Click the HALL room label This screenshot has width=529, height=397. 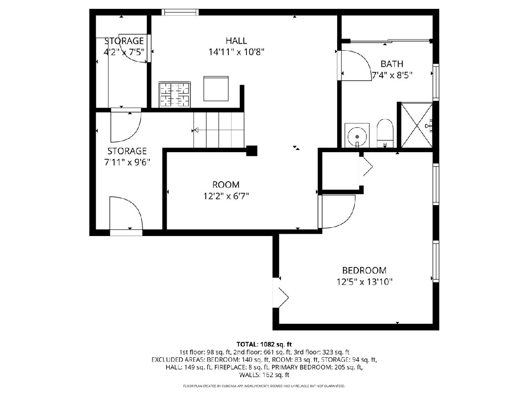click(x=236, y=41)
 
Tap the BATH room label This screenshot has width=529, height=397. click(x=392, y=64)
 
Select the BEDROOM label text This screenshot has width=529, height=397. click(x=364, y=270)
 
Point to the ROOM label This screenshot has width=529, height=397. click(x=226, y=185)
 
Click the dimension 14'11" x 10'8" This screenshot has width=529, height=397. click(x=236, y=52)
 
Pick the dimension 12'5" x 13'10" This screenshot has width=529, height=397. click(x=365, y=282)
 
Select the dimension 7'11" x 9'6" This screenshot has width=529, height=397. click(x=127, y=162)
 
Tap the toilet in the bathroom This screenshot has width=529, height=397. click(x=385, y=133)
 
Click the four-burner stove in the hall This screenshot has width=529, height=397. click(x=175, y=94)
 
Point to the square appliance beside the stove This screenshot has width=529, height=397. click(x=216, y=89)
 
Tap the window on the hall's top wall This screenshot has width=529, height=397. click(x=180, y=12)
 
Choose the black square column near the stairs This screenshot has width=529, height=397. click(x=252, y=151)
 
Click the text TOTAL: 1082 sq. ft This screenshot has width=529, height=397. click(x=264, y=344)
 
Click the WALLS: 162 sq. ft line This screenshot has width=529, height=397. click(x=264, y=375)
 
